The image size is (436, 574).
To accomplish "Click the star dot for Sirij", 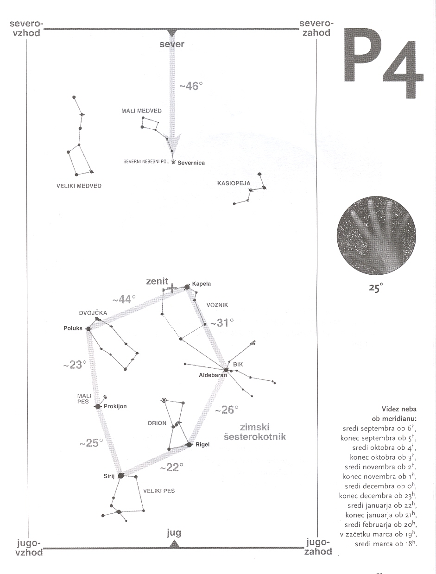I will coord(121,475).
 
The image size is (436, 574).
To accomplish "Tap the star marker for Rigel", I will coord(189,445).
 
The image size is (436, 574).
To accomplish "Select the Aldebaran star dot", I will coord(226,370).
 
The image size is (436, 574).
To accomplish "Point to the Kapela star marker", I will coord(187,287).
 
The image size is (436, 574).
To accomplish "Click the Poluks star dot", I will coord(88,328).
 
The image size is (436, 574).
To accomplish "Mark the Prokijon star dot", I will coord(98,406).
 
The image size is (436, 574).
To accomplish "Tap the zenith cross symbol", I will coord(172,289).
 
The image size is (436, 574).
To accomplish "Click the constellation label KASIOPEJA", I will coord(234,183).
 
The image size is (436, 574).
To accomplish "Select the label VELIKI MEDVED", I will coord(79,186).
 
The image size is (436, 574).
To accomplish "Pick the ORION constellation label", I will coord(157,423).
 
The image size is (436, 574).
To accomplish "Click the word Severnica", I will coord(191,163).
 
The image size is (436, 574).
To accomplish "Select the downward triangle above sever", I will coord(172,32).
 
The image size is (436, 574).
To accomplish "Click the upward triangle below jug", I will coord(174,544).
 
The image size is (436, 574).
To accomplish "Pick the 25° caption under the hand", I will coord(375,288).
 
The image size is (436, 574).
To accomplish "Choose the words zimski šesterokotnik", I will coord(254,432).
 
